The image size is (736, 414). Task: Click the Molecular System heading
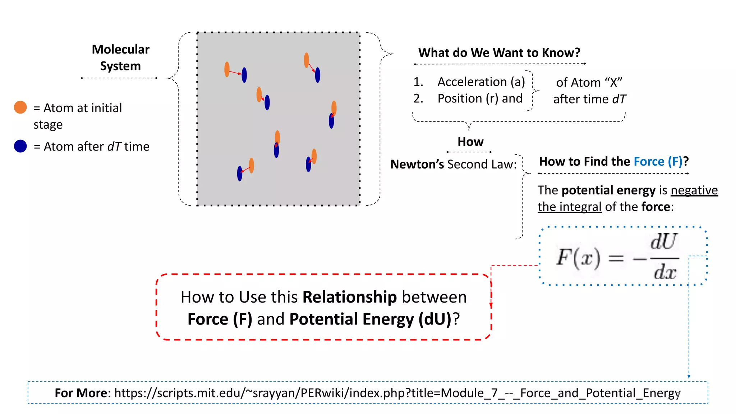(120, 57)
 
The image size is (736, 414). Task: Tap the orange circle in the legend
(20, 107)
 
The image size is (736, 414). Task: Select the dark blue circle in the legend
(20, 146)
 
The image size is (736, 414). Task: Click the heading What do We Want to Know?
(499, 53)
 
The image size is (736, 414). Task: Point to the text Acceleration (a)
(481, 82)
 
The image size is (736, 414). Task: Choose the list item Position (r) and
(480, 98)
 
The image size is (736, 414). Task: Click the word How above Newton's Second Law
(470, 142)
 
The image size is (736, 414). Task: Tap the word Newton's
(417, 164)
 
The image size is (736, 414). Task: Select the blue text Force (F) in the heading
(658, 162)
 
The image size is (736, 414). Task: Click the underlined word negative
(694, 190)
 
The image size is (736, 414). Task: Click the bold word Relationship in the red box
(349, 297)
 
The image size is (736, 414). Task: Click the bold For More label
(81, 393)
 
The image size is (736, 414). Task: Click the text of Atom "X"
(589, 83)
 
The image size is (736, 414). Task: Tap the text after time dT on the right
(589, 99)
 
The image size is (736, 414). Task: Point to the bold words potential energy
(608, 190)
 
